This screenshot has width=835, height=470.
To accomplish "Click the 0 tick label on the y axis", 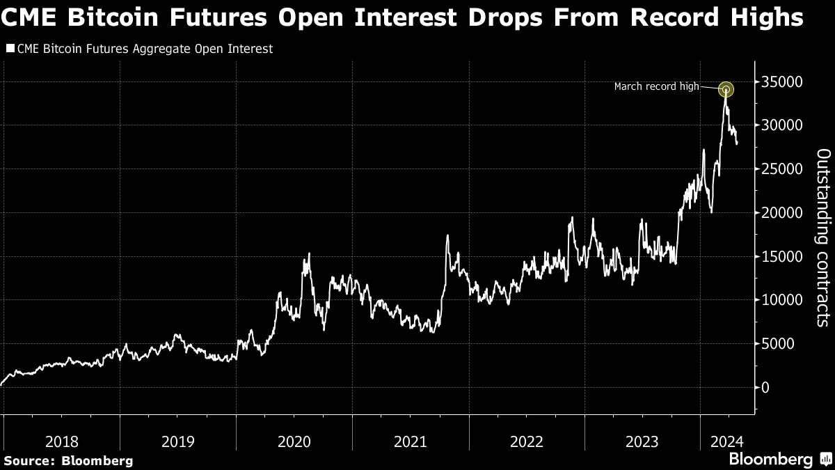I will coord(766,387).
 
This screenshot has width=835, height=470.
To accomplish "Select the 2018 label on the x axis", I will coord(62,441).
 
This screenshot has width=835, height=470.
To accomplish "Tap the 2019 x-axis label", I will coord(178,441).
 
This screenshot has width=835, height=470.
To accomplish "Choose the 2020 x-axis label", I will coord(294,441).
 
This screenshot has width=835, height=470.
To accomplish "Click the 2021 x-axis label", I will coord(411,441).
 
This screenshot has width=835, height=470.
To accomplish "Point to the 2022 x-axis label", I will coord(527,441).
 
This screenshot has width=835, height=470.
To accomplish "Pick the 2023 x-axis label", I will coord(642,441).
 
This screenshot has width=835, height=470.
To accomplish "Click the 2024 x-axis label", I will coord(727,441).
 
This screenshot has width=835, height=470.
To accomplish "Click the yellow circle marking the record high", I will coord(726,89).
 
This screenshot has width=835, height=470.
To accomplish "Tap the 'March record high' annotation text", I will coord(656,87).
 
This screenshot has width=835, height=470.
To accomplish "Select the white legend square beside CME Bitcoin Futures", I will coord(10,49).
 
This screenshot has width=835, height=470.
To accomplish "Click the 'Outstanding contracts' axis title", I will coord(822,237).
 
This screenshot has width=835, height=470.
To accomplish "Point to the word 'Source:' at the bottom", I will coord(31,460).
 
